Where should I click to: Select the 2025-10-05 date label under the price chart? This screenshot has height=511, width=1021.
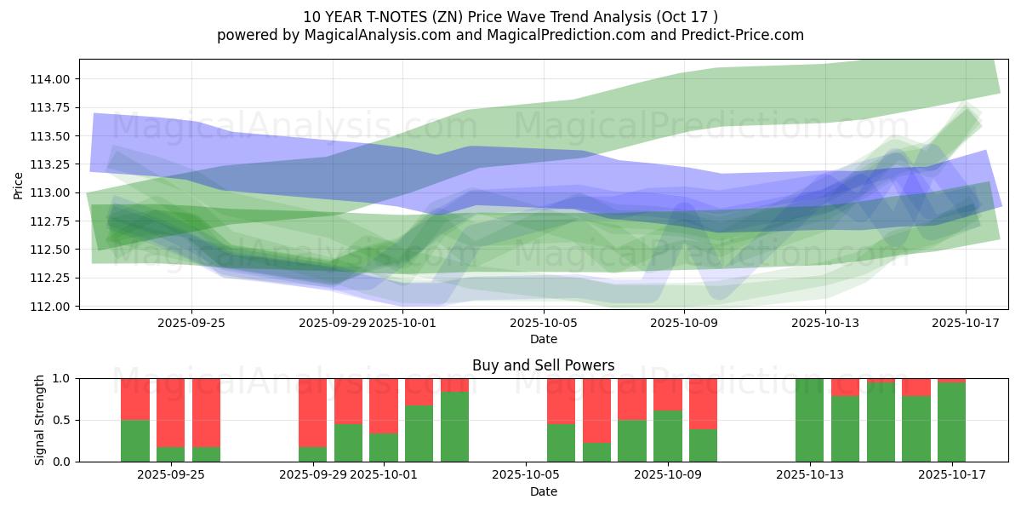pos(544,323)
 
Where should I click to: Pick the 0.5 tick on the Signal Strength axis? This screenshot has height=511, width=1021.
pos(64,420)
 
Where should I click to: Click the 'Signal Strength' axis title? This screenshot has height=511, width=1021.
pos(40,420)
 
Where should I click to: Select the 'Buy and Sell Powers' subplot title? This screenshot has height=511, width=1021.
pos(543,365)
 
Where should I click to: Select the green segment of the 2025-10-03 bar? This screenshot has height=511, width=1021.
pos(454,427)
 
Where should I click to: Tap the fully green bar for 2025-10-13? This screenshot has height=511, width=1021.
pos(809,420)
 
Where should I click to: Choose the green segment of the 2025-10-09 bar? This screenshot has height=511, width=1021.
pos(667,436)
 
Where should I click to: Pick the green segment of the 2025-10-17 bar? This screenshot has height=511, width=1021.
pos(951,422)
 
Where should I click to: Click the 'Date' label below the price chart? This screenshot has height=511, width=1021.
pos(544,339)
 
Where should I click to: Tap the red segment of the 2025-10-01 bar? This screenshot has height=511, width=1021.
pos(383,405)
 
